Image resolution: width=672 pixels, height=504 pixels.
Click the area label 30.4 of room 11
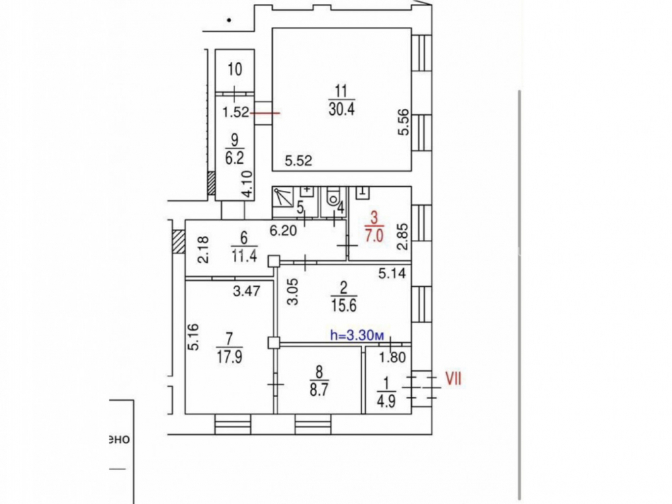341,110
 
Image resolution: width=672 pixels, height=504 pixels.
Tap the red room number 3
374,218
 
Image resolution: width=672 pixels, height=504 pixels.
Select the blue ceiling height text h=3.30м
357,335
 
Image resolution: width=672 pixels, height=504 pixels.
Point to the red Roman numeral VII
454,378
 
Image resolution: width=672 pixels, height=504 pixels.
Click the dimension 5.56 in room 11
404,123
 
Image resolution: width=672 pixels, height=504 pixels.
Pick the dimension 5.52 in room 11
299,161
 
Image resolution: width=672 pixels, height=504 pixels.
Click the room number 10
235,69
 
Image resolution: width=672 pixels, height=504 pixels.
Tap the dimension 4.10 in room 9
247,184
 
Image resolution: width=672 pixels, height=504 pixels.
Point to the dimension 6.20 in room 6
284,230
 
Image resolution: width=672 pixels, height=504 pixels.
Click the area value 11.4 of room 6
244,256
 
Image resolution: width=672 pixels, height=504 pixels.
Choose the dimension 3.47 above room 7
247,292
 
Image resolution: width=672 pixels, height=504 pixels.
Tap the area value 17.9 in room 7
229,357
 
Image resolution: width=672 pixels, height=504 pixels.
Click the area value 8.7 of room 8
318,390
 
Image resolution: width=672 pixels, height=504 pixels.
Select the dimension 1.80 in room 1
392,357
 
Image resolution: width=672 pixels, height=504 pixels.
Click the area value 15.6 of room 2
343,306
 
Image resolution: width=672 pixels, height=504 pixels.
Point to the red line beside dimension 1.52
265,113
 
